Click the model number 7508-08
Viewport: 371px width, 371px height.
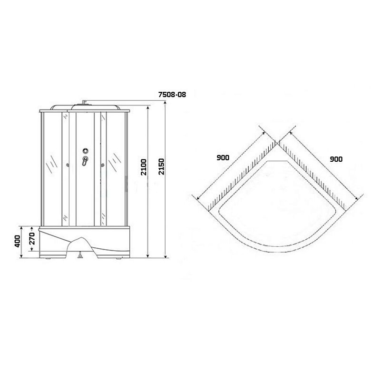172,95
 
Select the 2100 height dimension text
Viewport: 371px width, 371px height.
144,167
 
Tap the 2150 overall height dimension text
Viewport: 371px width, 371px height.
161,166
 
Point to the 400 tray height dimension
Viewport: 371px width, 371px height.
18,241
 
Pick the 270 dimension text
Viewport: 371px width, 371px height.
32,238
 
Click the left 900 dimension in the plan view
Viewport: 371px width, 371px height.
223,157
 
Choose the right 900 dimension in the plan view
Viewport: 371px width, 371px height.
336,159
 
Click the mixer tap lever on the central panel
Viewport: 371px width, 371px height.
85,161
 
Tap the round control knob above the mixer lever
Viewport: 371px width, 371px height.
86,150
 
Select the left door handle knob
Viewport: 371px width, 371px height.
68,165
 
